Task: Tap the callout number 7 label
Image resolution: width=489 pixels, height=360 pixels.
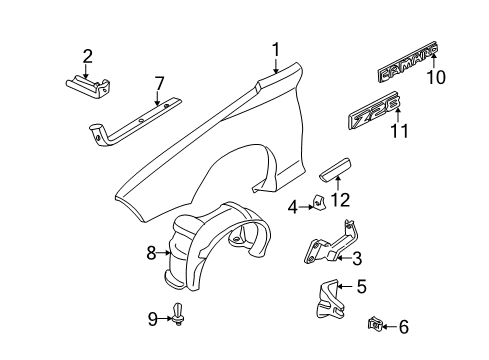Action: pyautogui.click(x=156, y=82)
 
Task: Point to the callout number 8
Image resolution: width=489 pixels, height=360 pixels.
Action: pyautogui.click(x=152, y=254)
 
